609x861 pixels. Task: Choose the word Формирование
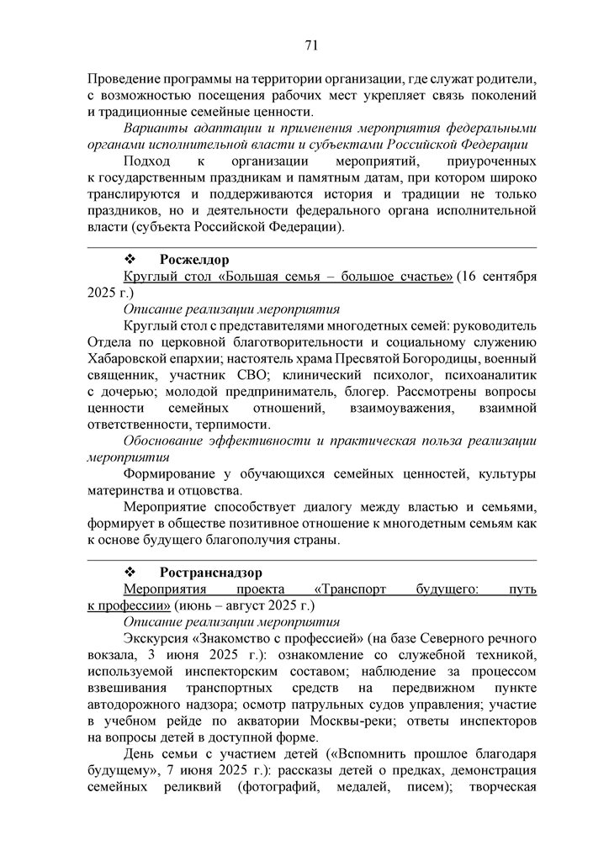point(169,474)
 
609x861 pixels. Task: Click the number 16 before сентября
point(473,277)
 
